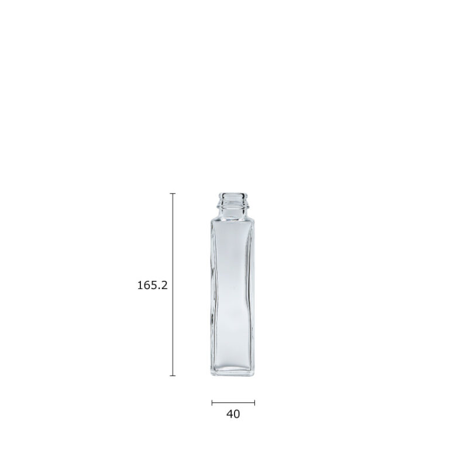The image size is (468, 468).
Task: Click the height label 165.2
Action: point(152,285)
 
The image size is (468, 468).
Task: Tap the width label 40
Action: point(233,414)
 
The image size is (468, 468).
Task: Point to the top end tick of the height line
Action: point(173,194)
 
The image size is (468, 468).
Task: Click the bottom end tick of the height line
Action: point(173,376)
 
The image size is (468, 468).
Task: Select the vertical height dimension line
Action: point(173,284)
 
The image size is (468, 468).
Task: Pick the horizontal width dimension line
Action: point(233,402)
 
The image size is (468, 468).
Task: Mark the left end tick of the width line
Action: point(212,402)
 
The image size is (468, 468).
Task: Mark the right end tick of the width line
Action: point(254,402)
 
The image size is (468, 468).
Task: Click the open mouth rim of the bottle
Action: point(233,195)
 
